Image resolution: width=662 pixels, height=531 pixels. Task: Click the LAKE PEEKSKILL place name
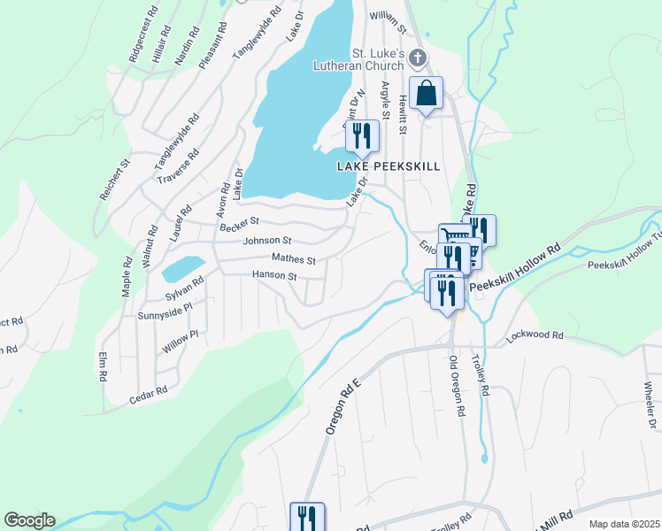pos(389,165)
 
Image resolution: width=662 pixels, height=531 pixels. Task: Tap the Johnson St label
pos(267,240)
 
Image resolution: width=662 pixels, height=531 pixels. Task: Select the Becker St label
pos(240,222)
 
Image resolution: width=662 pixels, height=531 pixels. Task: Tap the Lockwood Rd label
pos(535,336)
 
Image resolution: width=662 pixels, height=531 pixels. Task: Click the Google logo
pos(29,520)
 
